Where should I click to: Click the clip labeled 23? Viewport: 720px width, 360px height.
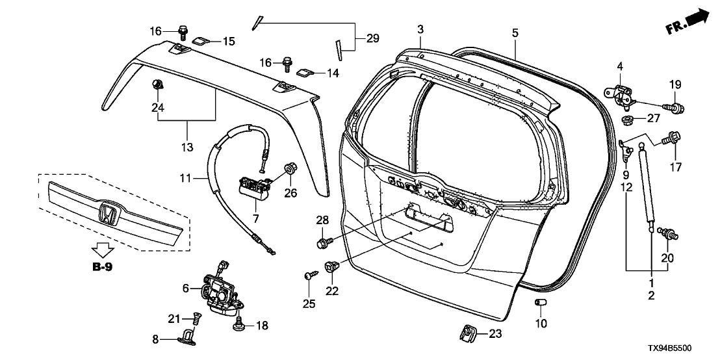click(469, 334)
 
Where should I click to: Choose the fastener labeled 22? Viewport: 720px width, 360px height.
click(331, 266)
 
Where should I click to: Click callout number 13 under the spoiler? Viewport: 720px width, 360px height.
click(188, 148)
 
